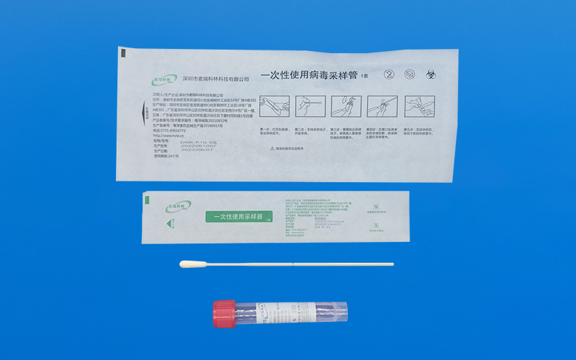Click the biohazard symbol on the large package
pyautogui.click(x=430, y=74)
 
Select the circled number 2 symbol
pyautogui.click(x=390, y=74)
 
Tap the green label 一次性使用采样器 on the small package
pyautogui.click(x=239, y=216)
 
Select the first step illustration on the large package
pyautogui.click(x=274, y=108)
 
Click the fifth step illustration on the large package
pyautogui.click(x=419, y=108)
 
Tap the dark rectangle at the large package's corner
pyautogui.click(x=122, y=53)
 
